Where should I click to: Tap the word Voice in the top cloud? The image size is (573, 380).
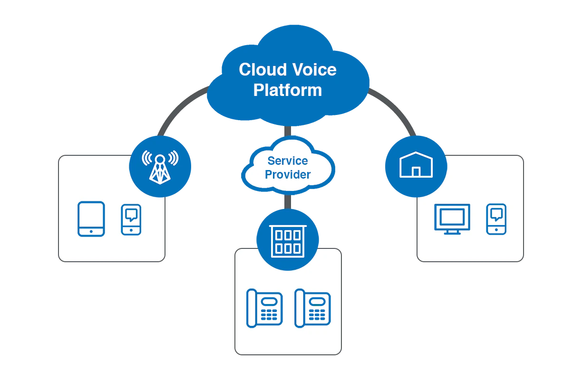point(314,70)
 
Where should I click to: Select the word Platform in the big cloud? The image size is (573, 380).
point(287,90)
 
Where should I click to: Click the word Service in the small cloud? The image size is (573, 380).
point(288,161)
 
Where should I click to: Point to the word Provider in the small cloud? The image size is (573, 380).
point(288,175)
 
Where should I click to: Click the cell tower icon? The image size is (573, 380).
point(160,167)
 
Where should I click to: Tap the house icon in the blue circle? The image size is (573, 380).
point(416,165)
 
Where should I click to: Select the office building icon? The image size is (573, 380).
point(287,240)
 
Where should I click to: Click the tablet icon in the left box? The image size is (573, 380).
point(91,219)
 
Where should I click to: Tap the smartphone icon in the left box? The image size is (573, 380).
point(131,219)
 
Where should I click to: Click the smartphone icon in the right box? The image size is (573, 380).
point(496,219)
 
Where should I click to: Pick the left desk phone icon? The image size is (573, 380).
point(264,308)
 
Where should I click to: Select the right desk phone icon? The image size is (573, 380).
point(312,308)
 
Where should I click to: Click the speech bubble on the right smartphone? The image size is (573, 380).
point(496,214)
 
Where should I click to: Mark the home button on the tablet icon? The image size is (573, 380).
point(91,231)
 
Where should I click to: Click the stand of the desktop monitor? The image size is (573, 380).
point(452,231)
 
